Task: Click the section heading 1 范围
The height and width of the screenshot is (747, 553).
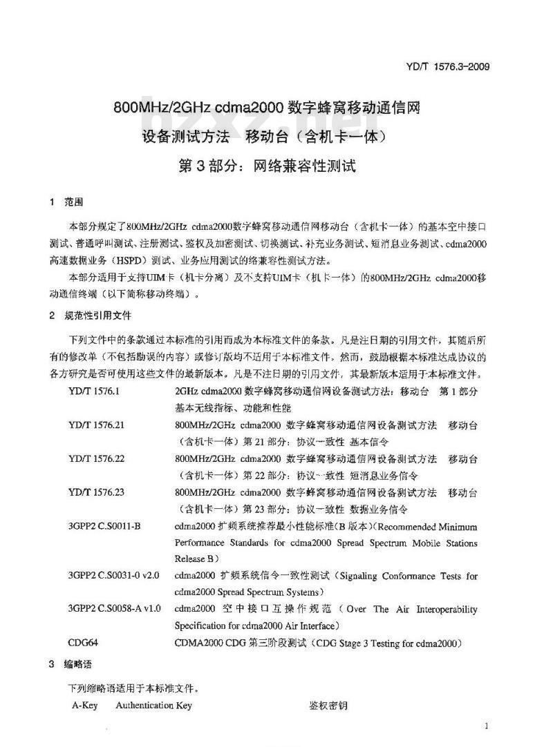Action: (x=66, y=203)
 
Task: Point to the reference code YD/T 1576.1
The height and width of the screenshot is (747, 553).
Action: (x=94, y=390)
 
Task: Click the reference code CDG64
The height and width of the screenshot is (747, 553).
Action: (x=83, y=643)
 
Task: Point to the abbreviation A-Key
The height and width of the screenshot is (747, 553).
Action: (x=86, y=705)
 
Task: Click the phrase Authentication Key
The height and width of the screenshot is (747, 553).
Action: (x=153, y=705)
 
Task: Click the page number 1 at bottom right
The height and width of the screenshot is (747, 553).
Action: (x=487, y=726)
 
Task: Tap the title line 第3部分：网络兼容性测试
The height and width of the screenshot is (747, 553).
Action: (x=267, y=166)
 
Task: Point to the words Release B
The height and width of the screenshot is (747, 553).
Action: (x=197, y=558)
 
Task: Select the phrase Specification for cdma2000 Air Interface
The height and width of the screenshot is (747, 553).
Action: (x=256, y=626)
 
